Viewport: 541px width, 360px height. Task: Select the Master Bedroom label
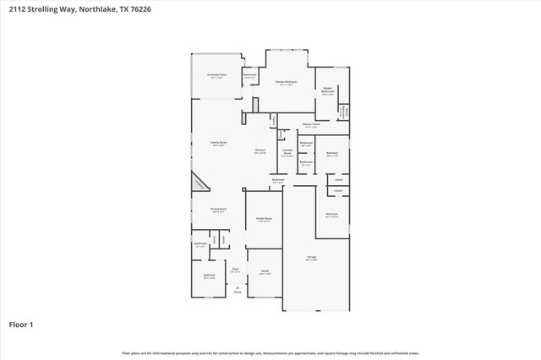point(287,82)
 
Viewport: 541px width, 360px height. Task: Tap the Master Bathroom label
point(327,90)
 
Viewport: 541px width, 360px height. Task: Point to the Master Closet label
point(310,125)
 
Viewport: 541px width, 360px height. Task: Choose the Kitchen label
point(260,151)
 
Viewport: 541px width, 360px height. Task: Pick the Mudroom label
point(278,180)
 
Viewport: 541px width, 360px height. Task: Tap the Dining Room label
point(218,209)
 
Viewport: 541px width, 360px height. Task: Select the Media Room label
point(264,219)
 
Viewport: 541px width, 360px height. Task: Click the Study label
point(265,271)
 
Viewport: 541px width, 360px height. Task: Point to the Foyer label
point(236,270)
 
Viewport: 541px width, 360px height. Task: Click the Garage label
point(312,257)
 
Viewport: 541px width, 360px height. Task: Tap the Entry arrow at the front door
point(238,289)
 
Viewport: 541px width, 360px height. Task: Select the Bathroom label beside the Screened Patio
point(250,75)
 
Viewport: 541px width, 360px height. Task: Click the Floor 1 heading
point(21,324)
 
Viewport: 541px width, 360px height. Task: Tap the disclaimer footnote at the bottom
point(270,352)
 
